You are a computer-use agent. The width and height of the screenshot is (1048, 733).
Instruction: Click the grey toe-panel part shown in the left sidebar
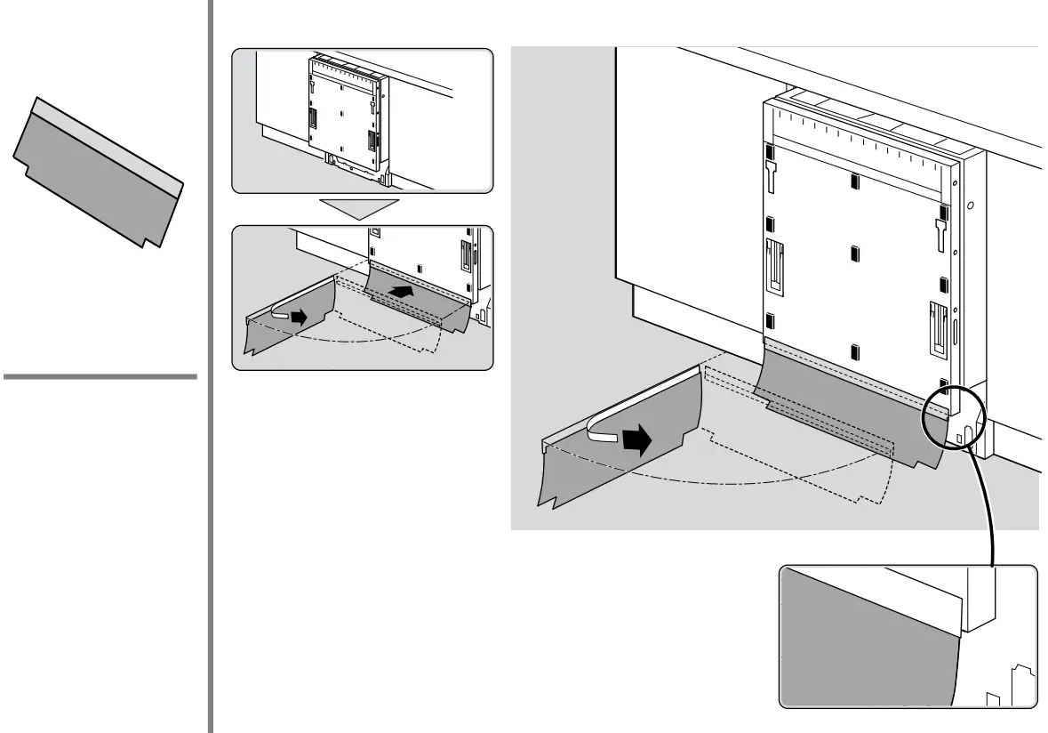pos(98,173)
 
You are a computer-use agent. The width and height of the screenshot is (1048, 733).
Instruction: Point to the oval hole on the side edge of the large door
pos(969,206)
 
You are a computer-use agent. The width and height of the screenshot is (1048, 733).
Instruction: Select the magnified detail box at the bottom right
pos(907,636)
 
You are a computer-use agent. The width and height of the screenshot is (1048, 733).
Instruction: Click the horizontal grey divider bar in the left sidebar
pos(100,377)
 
